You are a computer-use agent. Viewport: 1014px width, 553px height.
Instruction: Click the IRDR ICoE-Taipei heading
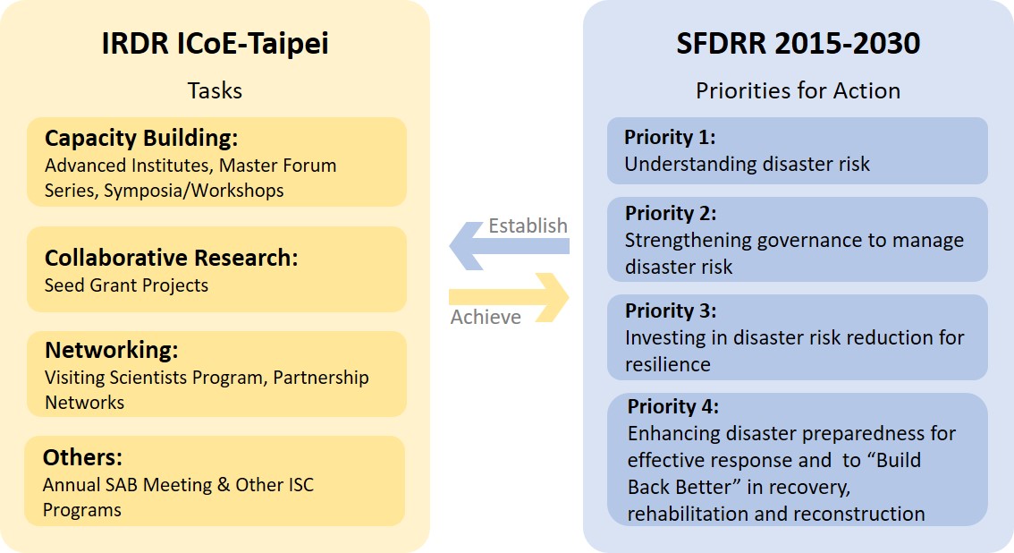[215, 44]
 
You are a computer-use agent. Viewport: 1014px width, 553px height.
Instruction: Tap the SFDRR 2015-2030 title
[798, 43]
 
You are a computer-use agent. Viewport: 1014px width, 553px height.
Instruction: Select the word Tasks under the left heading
[215, 90]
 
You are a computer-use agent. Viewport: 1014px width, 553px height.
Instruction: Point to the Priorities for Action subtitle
[798, 90]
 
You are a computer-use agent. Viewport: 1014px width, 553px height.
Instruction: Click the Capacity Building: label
[141, 138]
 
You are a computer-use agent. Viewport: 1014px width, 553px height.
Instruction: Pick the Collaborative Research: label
[171, 258]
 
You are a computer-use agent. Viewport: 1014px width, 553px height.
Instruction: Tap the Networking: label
[111, 350]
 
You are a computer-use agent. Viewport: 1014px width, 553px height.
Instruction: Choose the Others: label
[82, 457]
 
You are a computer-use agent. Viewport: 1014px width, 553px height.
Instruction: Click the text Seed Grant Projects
[126, 285]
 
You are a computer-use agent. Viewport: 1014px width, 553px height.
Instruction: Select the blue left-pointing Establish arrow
[510, 246]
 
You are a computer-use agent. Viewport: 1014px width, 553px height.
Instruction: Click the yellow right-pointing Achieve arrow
[509, 297]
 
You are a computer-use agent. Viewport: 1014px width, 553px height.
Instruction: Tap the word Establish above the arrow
[528, 225]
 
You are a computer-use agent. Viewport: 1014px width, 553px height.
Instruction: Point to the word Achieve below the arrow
[486, 317]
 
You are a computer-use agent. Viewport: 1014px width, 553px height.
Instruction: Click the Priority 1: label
[670, 137]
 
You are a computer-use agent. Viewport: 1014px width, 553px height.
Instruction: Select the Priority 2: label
[670, 214]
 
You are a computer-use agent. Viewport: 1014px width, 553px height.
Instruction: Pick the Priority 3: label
[670, 311]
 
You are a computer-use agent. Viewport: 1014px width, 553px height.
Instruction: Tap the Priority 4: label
[672, 406]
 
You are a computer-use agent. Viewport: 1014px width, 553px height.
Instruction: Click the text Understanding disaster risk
[747, 165]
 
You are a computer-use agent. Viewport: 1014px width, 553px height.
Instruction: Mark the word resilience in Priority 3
[667, 364]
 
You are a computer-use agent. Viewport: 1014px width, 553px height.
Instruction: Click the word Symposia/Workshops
[193, 191]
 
